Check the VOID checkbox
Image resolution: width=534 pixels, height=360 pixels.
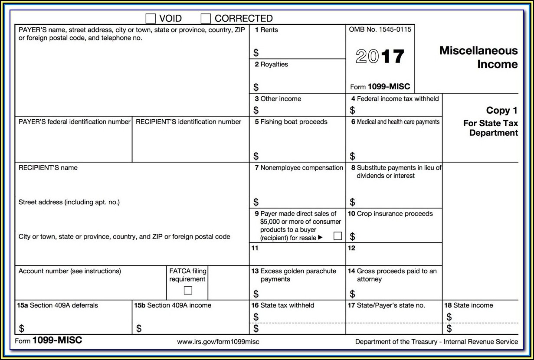click(x=151, y=18)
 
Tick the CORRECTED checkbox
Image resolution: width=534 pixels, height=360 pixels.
click(x=206, y=18)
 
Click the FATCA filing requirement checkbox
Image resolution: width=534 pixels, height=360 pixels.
click(x=188, y=290)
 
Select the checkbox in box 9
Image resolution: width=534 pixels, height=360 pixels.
click(x=337, y=236)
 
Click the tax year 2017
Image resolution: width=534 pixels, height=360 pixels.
click(x=380, y=57)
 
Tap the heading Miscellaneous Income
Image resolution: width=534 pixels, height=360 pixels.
click(x=478, y=57)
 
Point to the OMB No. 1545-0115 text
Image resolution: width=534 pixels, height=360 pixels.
click(x=380, y=29)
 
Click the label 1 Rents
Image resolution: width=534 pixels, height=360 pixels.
click(x=266, y=30)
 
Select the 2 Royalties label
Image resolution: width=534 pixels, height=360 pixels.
click(x=271, y=64)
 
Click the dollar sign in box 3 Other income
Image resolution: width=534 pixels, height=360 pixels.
click(x=256, y=110)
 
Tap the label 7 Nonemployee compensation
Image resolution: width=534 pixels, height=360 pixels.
click(x=299, y=168)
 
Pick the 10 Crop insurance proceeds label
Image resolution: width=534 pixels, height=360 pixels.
click(x=390, y=213)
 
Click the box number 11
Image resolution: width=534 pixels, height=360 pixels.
click(x=255, y=248)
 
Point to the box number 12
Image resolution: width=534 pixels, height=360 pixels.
click(x=351, y=248)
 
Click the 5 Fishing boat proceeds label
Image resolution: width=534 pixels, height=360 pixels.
click(x=291, y=122)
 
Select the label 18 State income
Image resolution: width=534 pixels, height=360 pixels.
click(x=468, y=305)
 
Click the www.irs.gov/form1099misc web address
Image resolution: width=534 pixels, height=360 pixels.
click(x=218, y=342)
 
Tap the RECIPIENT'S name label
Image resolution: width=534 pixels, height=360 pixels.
click(x=48, y=168)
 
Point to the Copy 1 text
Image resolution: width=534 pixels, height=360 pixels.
click(x=502, y=110)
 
